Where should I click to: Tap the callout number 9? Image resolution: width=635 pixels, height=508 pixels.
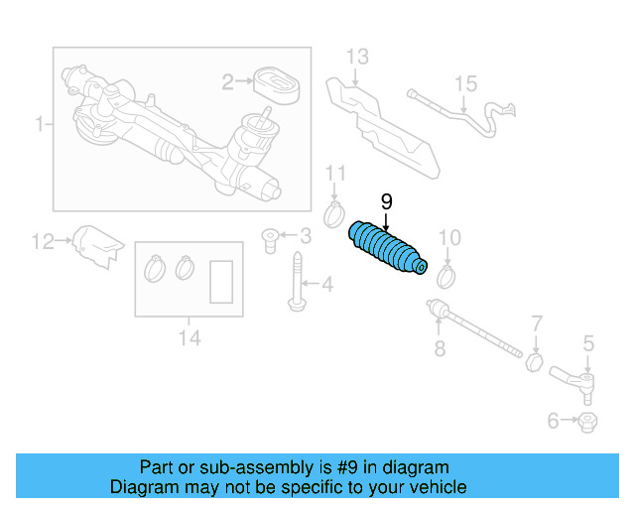coord(386,201)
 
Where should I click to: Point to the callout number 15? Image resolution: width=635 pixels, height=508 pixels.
coord(466,84)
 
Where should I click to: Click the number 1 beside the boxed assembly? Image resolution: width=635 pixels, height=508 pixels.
coord(40,125)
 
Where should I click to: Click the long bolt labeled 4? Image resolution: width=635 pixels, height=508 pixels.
coord(297,282)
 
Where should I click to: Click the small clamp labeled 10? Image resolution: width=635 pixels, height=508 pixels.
coord(445,275)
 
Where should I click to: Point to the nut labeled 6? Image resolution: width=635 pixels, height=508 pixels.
coord(586,422)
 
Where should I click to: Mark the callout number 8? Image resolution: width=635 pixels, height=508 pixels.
coord(440,348)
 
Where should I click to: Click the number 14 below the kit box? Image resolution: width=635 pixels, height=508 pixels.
coord(190,339)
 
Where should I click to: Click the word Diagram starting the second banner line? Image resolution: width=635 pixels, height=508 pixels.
coord(143,487)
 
